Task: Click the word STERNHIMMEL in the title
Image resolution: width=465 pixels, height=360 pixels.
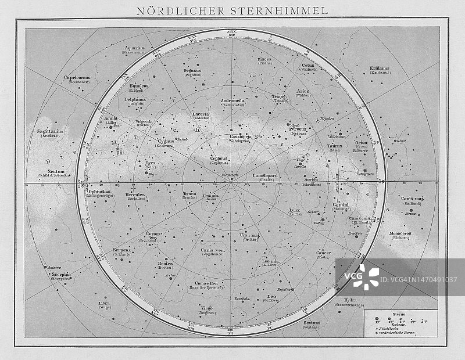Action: (283, 10)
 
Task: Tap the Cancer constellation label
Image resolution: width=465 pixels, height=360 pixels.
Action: (323, 253)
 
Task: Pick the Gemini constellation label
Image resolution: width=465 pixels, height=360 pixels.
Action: (341, 205)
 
